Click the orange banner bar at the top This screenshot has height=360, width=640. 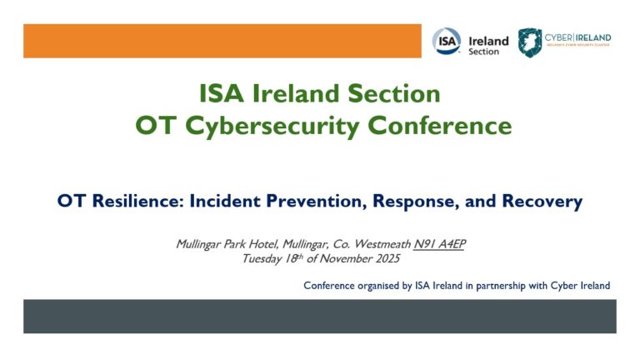pyautogui.click(x=222, y=41)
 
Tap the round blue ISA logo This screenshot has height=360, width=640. pyautogui.click(x=446, y=41)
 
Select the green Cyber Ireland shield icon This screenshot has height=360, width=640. pyautogui.click(x=528, y=42)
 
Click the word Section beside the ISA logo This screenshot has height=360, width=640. pyautogui.click(x=484, y=52)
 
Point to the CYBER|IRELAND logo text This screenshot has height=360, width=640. pyautogui.click(x=577, y=37)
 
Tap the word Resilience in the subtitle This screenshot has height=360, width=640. pyautogui.click(x=134, y=201)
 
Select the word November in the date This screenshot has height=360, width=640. pyautogui.click(x=349, y=258)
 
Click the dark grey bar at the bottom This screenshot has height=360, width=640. pyautogui.click(x=319, y=317)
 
